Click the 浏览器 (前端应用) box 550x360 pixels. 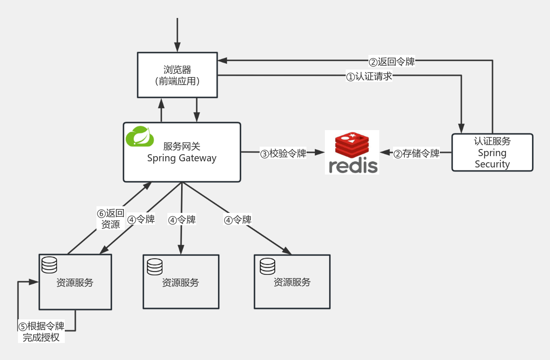pos(177,75)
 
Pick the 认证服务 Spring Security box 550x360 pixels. pos(492,152)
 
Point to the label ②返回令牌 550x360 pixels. pos(392,61)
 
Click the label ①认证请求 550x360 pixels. pos(369,76)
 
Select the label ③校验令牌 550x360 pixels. pos(283,153)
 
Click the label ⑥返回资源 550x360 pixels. pos(111,219)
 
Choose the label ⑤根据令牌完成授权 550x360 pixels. pos(41,332)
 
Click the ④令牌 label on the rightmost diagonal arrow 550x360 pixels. pos(237,220)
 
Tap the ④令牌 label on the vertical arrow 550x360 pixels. pos(182,220)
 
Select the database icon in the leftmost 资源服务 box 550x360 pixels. pos(49,265)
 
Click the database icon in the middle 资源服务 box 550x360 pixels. pos(155,267)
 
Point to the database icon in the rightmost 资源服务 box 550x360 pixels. pos(268,266)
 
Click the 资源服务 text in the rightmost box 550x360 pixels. pos(292,282)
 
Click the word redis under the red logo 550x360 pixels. pos(353,166)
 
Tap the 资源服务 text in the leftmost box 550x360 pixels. pos(75,283)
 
